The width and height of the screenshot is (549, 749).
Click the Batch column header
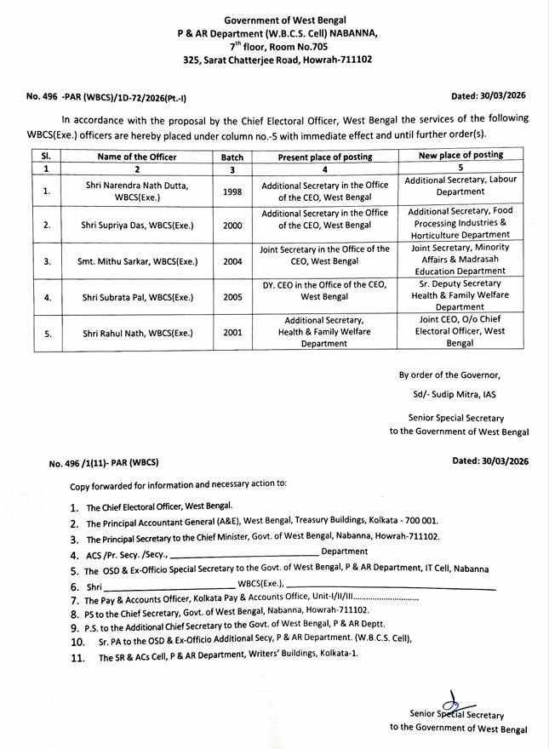click(x=232, y=157)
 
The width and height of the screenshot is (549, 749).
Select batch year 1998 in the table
click(x=232, y=192)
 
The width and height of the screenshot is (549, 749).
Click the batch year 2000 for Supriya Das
click(x=232, y=225)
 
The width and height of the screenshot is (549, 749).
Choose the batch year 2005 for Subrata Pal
click(x=232, y=297)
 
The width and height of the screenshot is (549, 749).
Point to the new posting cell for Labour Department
click(x=459, y=186)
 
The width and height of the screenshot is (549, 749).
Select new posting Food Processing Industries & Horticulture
click(x=459, y=223)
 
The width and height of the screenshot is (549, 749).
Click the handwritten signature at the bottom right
click(x=455, y=702)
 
